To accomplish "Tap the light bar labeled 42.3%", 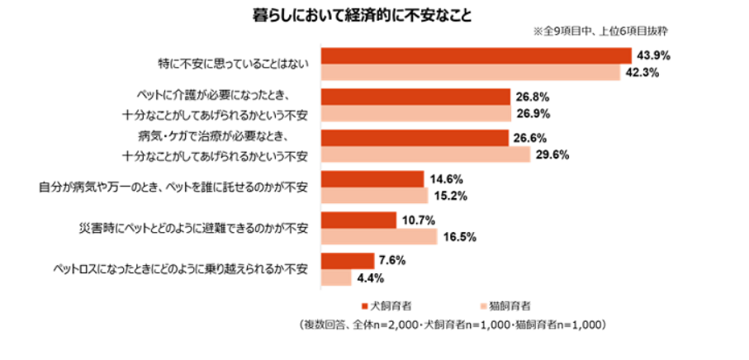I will point(471,72).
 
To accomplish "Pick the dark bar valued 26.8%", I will point(415,97).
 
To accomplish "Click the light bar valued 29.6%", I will point(425,154).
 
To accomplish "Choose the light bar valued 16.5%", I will point(378,237).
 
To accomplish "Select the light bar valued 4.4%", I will point(336,278).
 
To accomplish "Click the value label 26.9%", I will point(532,113).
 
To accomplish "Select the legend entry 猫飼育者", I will point(505,305).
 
